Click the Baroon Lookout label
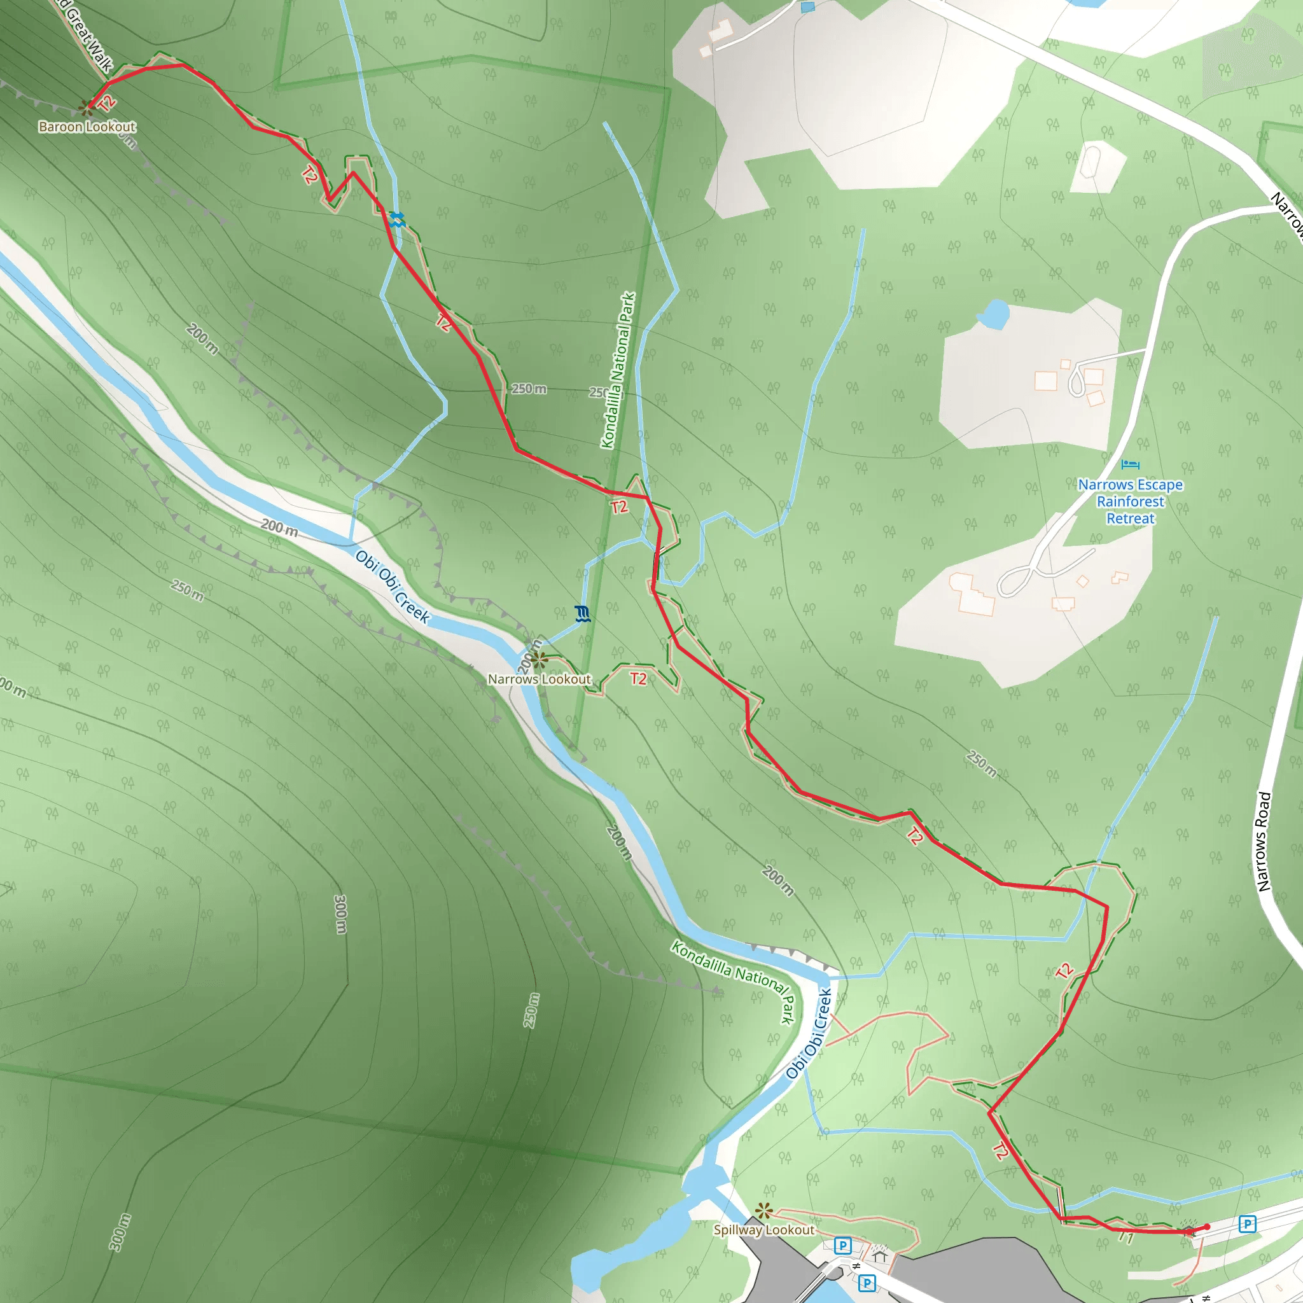[x=87, y=127]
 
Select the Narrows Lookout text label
[x=539, y=679]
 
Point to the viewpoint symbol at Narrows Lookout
[x=538, y=659]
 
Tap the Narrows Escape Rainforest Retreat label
[x=1130, y=502]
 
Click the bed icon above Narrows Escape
[x=1131, y=464]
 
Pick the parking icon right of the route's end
[x=1247, y=1223]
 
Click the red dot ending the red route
[x=1206, y=1227]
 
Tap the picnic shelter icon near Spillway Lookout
[x=879, y=1254]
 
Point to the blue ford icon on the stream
[x=397, y=218]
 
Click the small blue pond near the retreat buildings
[x=993, y=314]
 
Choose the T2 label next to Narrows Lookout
[x=638, y=678]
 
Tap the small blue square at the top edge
[x=807, y=8]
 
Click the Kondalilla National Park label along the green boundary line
[x=618, y=370]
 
